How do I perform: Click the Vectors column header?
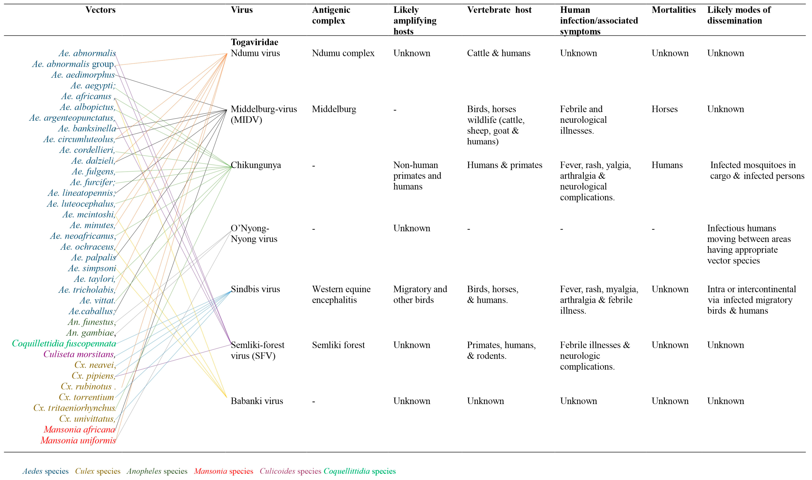(x=100, y=10)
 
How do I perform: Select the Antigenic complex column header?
(x=331, y=15)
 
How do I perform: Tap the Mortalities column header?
(x=674, y=10)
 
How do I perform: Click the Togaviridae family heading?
(x=254, y=42)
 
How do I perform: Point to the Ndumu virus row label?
(x=255, y=53)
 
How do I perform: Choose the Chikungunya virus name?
(x=256, y=165)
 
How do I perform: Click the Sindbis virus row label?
(x=255, y=289)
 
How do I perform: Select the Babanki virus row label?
(x=257, y=401)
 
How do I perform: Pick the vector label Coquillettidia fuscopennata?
(x=64, y=344)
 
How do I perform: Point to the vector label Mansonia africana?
(x=79, y=430)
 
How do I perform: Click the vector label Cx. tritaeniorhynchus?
(x=74, y=408)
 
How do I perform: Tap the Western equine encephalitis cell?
(x=341, y=295)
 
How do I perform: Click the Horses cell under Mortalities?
(x=665, y=109)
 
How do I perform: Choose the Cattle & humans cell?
(x=498, y=53)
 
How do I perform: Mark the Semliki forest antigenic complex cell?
(x=338, y=345)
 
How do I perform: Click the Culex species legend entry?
(x=98, y=471)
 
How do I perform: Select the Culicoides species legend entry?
(x=290, y=471)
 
